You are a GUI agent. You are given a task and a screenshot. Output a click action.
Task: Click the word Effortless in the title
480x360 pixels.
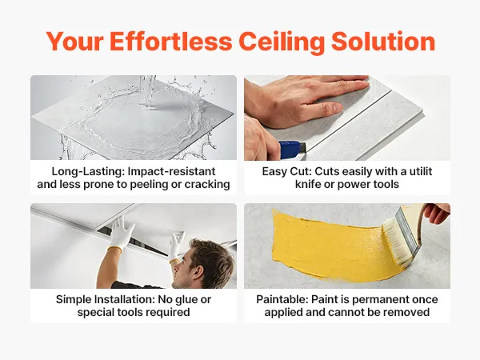pos(171,42)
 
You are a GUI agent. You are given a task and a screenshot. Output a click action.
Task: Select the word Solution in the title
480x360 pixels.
pos(383,42)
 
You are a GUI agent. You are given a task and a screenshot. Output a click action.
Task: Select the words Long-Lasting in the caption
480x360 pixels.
pos(88,171)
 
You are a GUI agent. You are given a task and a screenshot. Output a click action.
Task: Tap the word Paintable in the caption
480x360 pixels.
pos(282,299)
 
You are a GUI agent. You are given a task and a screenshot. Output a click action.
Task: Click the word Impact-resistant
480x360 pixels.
pos(172,171)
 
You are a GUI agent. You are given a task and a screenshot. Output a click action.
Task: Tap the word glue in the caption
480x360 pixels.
pos(186,300)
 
